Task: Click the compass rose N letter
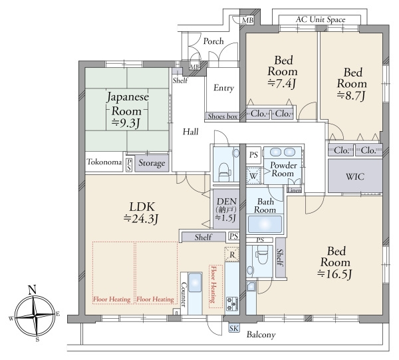tap(32, 290)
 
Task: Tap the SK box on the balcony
tap(233, 329)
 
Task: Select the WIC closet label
tap(355, 176)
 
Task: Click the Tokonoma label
tap(104, 162)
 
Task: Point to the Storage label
tap(152, 163)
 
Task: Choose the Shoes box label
tap(223, 116)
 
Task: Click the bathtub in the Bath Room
tap(265, 224)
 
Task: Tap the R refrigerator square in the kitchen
tap(232, 254)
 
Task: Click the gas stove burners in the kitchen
tap(232, 303)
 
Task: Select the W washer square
tap(253, 176)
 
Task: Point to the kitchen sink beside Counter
tap(195, 283)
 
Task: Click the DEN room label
tap(227, 202)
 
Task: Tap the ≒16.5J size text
tap(334, 274)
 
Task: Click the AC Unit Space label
tap(321, 19)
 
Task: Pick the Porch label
tap(213, 41)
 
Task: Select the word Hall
tap(191, 132)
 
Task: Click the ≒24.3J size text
tap(141, 219)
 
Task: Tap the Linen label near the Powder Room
tap(295, 190)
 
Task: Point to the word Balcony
tap(261, 335)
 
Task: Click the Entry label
tap(223, 88)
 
